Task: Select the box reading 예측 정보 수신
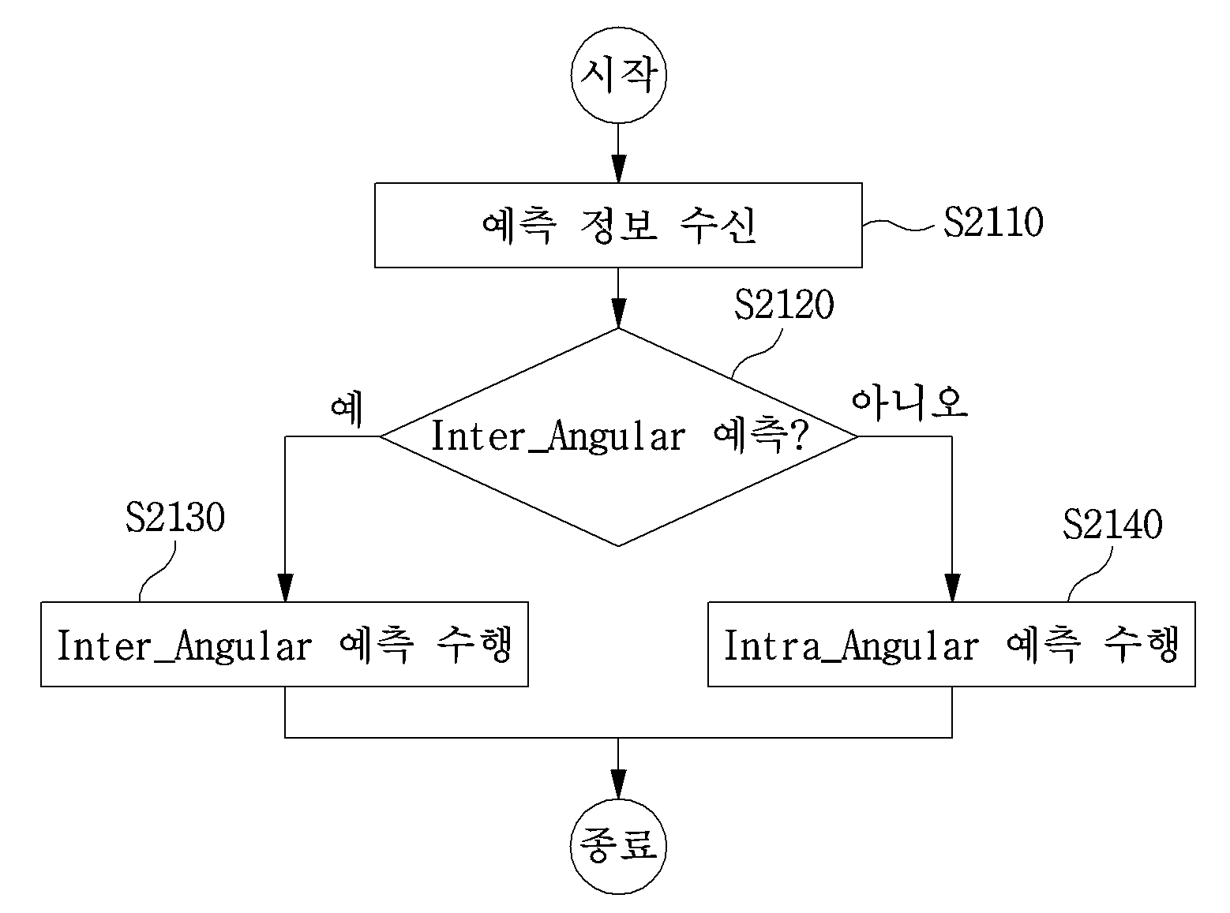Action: [x=618, y=225]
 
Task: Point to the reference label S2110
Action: [x=993, y=223]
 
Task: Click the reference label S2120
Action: [x=784, y=305]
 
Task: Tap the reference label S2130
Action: [x=175, y=517]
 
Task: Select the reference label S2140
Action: [x=1112, y=524]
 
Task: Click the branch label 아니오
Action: [x=910, y=403]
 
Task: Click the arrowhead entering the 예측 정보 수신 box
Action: [x=618, y=169]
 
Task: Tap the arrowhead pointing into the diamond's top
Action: [x=618, y=314]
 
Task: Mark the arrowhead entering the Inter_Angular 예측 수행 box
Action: [x=285, y=588]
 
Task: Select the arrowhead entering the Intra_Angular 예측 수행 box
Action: [x=952, y=588]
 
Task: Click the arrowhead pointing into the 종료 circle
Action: [x=618, y=785]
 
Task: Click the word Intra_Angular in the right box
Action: [x=851, y=645]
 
